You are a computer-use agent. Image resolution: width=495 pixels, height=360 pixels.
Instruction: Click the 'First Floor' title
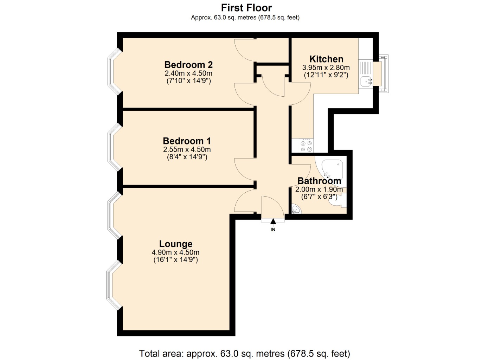pos(246,8)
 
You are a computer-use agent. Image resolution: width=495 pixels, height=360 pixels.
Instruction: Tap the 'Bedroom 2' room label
pos(188,65)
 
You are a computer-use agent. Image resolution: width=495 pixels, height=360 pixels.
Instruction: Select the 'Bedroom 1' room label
pos(187,141)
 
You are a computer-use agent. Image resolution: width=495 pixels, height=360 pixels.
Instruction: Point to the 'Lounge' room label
pos(176,244)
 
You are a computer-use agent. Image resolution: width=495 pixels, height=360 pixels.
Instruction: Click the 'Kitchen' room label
pos(326,59)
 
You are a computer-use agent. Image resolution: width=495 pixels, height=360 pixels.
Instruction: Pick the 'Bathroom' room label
pos(319,181)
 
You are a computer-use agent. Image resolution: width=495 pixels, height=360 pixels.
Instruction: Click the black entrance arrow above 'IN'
pos(273,221)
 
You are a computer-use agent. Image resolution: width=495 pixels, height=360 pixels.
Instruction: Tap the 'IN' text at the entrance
pos(273,230)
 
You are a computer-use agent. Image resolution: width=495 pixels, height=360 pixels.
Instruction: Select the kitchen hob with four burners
pos(306,146)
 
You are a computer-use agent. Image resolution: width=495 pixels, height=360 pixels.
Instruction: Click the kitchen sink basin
pos(366,81)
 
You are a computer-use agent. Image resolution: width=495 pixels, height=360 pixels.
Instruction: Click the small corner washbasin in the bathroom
pos(296,210)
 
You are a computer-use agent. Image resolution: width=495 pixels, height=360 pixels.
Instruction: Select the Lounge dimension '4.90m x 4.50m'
pos(175,252)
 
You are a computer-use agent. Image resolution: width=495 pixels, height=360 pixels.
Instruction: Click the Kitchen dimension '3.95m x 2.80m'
pos(326,67)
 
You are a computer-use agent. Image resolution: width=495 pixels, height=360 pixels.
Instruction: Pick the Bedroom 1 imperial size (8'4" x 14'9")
pos(187,157)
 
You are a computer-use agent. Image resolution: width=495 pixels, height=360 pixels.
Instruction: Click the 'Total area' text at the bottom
pos(244,353)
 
